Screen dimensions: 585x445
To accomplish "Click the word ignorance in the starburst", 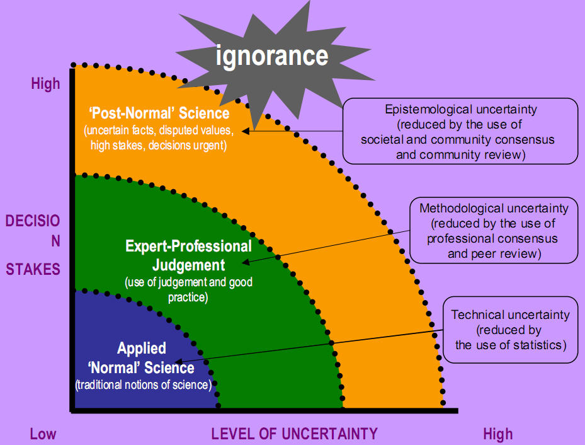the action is coord(272,55).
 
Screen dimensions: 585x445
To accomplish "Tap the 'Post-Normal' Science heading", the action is coord(159,113).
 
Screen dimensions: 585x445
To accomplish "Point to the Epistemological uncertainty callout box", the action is coord(460,131).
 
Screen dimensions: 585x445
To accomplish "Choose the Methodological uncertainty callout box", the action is coord(494,231).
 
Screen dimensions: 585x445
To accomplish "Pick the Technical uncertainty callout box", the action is coord(510,330).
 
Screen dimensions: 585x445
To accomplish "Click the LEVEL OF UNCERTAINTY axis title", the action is coord(294,434).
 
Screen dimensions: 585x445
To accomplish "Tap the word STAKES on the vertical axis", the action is coord(33,269).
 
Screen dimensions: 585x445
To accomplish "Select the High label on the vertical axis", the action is coord(45,84).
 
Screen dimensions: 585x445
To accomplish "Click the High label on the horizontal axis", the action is coord(498,434).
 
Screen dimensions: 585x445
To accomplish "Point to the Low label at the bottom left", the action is coord(43,434).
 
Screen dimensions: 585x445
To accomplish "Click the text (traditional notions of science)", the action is coord(143,384).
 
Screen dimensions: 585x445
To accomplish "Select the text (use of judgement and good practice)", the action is coord(188,289).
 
